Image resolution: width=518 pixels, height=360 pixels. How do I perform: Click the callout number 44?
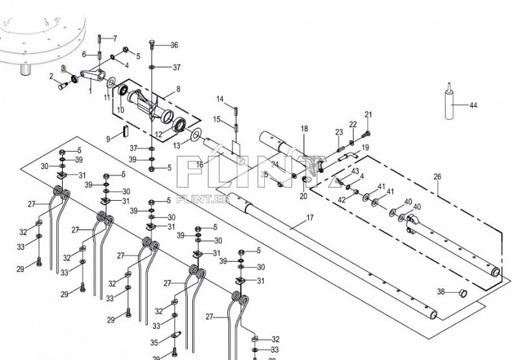pos(474,105)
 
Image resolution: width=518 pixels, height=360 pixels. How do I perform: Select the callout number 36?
pos(174,45)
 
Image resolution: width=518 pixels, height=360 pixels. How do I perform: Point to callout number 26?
pos(437,176)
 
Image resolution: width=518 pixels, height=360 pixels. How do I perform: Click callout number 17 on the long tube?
pos(310,218)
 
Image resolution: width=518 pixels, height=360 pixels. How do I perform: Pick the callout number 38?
pos(440,291)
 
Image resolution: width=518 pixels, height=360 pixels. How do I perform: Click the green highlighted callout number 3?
pos(63,67)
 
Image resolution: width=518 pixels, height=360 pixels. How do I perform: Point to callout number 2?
pos(51,76)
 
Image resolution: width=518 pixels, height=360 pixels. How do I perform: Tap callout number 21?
pos(368,115)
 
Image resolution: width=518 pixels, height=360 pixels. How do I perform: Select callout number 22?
pos(353,124)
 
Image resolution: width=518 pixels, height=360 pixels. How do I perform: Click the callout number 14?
pos(220,98)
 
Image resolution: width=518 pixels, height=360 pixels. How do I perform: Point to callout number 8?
pos(177,89)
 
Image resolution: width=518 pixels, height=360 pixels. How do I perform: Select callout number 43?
pos(355,171)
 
